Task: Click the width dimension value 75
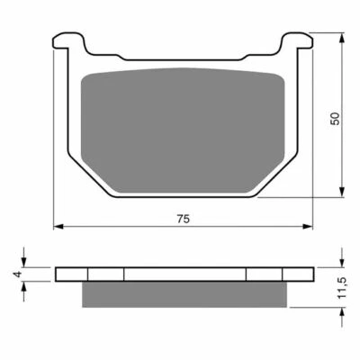tap(183, 219)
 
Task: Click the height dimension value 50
tap(334, 118)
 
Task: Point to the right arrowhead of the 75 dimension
tap(309, 226)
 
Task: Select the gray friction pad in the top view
tap(183, 121)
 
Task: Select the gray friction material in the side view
tap(183, 294)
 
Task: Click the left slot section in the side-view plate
tap(105, 274)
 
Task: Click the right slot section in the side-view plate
tap(264, 274)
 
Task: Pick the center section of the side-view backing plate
tap(184, 274)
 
